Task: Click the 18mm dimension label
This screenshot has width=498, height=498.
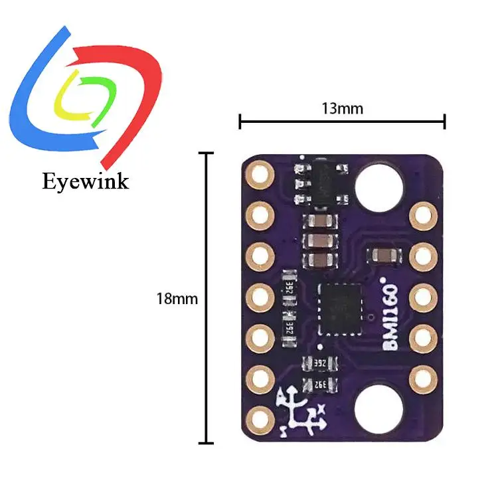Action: pyautogui.click(x=177, y=299)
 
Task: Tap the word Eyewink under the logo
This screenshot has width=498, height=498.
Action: pyautogui.click(x=84, y=181)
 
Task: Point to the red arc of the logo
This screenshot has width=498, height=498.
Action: pyautogui.click(x=133, y=73)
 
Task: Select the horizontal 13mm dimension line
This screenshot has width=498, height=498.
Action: pyautogui.click(x=342, y=122)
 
